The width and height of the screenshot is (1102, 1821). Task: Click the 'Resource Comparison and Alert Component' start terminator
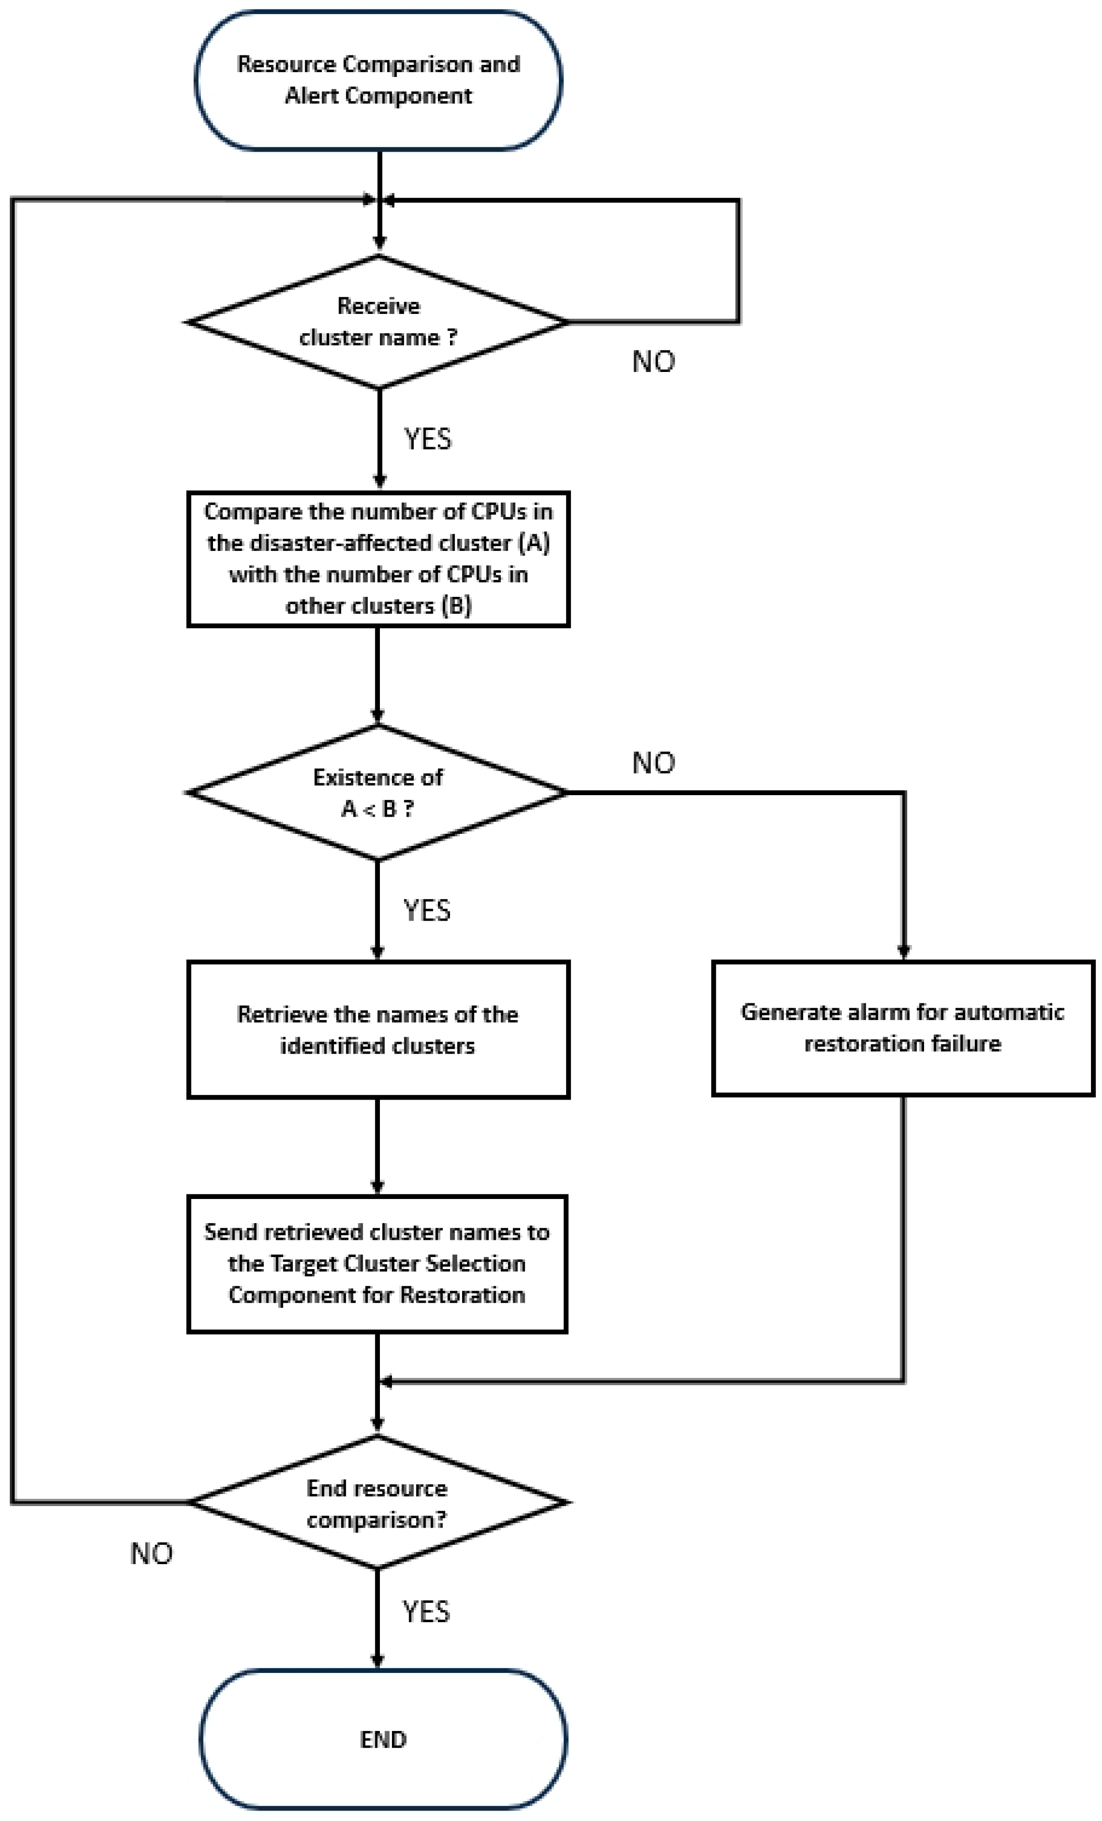(378, 80)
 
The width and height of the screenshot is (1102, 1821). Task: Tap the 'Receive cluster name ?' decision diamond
(378, 322)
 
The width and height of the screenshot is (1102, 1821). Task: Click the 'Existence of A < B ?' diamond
(378, 792)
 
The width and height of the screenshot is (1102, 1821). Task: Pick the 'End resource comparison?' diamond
(378, 1502)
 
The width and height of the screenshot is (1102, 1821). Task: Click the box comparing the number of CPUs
(378, 559)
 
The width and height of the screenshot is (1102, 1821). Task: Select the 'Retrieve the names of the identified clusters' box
(378, 1030)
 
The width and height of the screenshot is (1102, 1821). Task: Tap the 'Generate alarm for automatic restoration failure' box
(903, 1027)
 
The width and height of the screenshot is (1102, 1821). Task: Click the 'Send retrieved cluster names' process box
(377, 1264)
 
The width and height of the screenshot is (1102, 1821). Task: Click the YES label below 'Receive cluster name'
(427, 439)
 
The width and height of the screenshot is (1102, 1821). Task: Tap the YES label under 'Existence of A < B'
(426, 910)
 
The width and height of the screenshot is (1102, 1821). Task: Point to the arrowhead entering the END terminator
(378, 1660)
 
